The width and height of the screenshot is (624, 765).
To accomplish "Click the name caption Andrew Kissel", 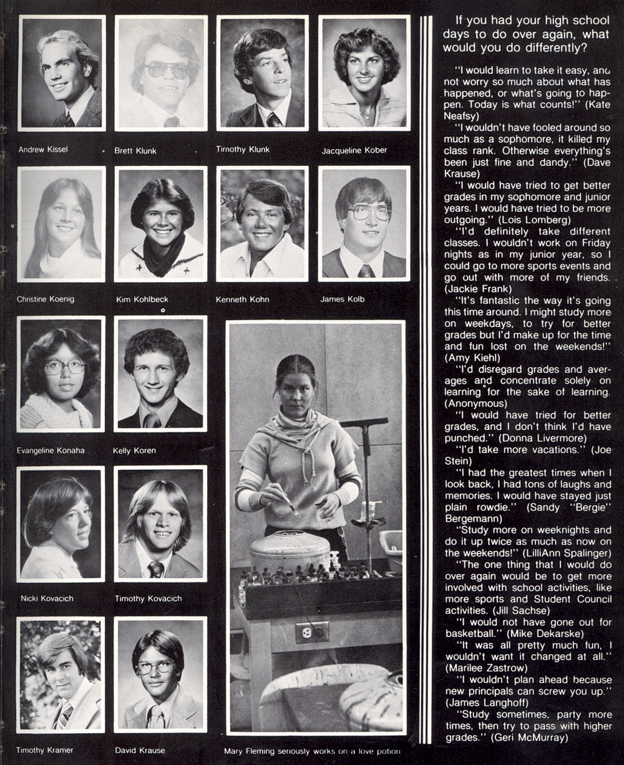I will (43, 150).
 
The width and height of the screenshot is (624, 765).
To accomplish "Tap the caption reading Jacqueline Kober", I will (354, 150).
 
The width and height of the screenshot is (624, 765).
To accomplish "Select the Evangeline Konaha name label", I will (51, 451).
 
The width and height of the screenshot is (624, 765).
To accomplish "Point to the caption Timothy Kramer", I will (44, 749).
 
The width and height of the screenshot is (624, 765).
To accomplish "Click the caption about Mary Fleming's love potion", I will (311, 751).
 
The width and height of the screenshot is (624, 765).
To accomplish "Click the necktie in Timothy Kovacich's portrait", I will (155, 569).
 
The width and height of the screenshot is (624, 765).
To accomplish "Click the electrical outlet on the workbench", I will (312, 632).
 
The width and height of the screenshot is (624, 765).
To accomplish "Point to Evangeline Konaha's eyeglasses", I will (64, 366).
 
